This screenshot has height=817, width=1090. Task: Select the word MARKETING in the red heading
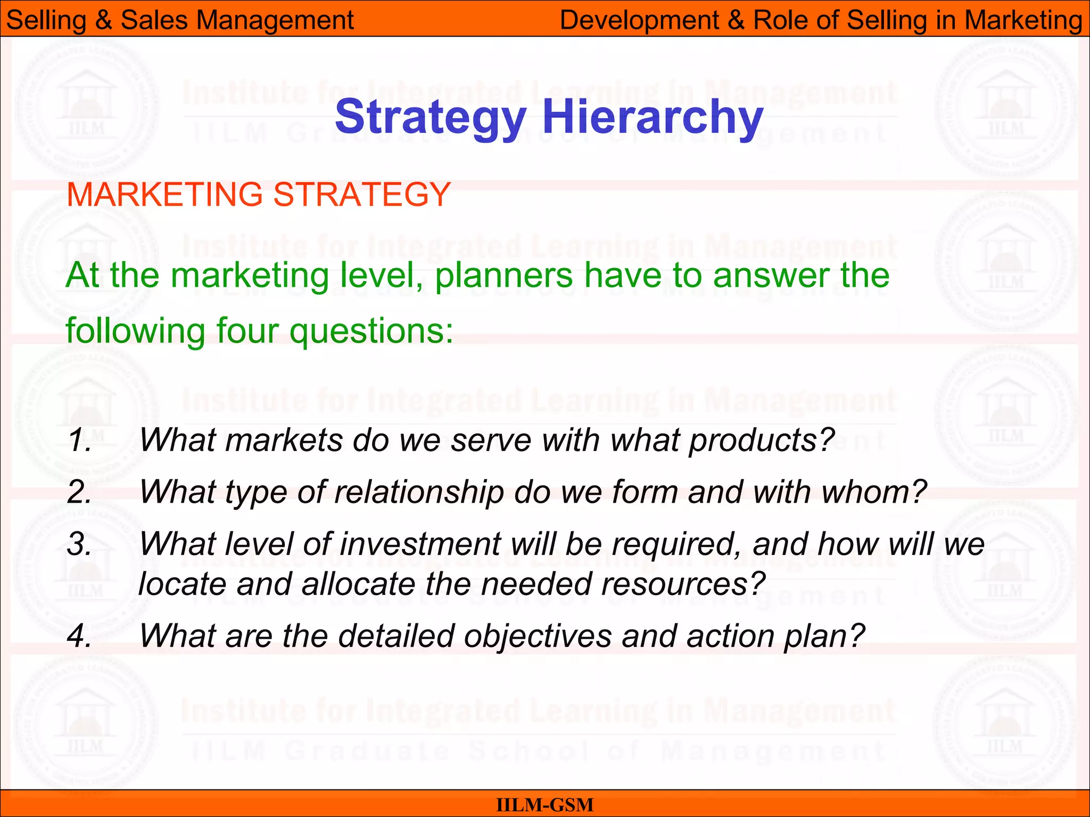click(x=164, y=194)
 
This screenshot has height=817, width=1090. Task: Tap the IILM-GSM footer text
click(x=544, y=805)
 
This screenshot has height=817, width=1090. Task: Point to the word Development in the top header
click(x=639, y=20)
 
